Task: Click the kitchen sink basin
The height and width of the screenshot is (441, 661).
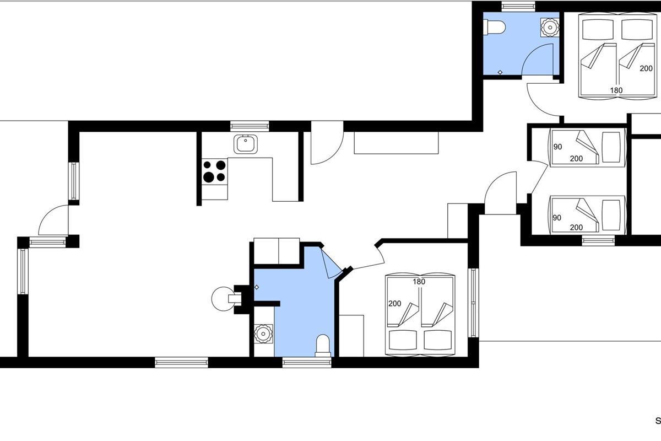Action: [x=245, y=144]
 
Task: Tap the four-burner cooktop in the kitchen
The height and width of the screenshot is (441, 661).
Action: [x=214, y=171]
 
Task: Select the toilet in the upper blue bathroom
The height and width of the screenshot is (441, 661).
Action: [x=494, y=27]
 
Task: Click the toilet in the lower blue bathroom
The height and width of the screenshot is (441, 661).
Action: [x=323, y=345]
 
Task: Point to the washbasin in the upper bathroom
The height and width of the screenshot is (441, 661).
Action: [x=550, y=28]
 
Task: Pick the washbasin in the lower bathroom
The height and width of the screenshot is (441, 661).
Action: [x=263, y=334]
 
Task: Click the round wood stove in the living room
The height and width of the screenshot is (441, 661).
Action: [x=224, y=299]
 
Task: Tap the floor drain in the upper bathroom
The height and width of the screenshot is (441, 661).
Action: [x=500, y=72]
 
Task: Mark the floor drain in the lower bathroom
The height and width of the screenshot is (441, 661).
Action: [x=257, y=287]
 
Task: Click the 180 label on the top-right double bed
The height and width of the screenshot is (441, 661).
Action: [x=616, y=90]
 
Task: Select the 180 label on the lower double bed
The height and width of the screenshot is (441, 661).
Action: [x=419, y=282]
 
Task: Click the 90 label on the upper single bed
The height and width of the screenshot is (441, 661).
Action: [x=557, y=147]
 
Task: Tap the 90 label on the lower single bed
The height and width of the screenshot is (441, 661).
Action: [x=556, y=218]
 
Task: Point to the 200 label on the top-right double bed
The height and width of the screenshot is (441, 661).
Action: [x=646, y=68]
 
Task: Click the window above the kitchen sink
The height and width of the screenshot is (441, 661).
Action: [x=250, y=126]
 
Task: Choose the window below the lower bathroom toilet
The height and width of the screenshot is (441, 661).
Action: [x=307, y=362]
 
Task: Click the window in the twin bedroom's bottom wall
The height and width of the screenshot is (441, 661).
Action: [x=598, y=240]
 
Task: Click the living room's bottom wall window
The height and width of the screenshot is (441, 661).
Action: [x=181, y=362]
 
